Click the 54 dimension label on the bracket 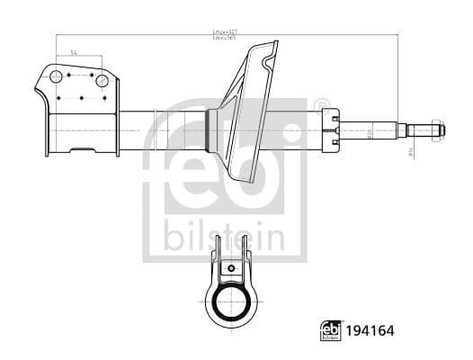point(75,55)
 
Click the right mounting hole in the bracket point(102,81)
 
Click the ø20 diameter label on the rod point(369,132)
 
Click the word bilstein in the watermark point(225,240)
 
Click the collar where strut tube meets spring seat point(212,130)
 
